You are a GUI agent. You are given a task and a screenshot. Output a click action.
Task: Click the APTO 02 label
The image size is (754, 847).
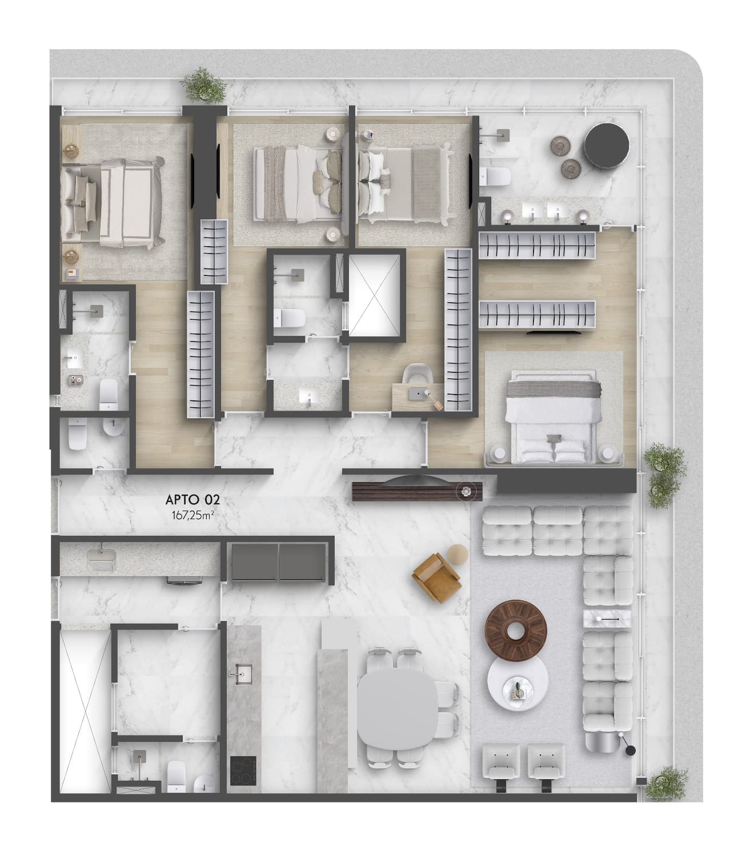coord(192,500)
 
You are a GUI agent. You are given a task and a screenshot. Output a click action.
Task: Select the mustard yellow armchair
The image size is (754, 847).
coord(436,577)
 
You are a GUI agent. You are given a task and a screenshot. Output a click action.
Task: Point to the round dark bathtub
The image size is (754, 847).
coord(607,146)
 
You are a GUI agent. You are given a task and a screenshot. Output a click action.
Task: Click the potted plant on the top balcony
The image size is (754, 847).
coord(204,85)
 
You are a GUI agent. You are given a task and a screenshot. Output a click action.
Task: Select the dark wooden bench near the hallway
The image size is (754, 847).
coord(417,492)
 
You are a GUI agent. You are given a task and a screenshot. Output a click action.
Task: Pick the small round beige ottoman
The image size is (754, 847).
coord(458,555)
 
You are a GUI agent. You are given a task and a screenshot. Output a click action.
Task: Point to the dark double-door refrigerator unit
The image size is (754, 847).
coord(278,561)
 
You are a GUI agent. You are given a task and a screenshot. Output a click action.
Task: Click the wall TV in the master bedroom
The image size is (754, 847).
coord(554,332)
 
